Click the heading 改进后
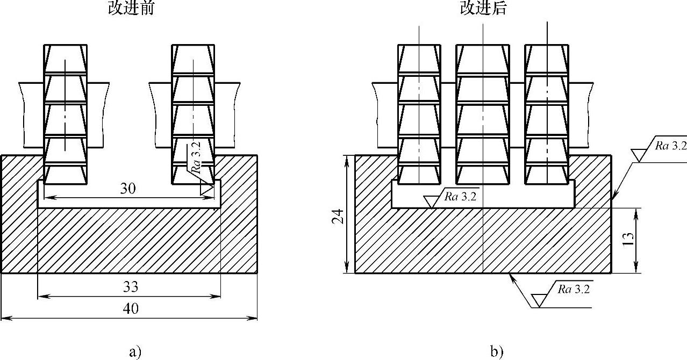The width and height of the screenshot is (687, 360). [483, 9]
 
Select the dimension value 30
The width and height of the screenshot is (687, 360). [127, 189]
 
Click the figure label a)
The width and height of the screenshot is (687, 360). [135, 352]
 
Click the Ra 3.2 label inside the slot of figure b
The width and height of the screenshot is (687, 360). [461, 196]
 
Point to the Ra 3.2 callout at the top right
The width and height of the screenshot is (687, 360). [670, 145]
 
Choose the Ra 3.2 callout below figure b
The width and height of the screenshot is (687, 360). [574, 290]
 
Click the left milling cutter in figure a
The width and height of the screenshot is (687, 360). [65, 114]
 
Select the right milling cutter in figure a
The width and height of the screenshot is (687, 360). [193, 114]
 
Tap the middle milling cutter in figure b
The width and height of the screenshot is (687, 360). [482, 114]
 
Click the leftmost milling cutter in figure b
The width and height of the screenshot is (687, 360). [419, 114]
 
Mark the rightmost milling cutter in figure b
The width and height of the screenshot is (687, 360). [546, 114]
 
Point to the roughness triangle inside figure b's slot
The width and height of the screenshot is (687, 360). [431, 201]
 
